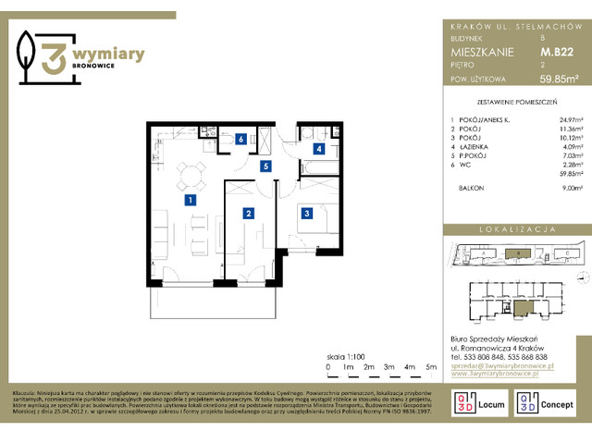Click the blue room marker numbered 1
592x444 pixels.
[x=189, y=199]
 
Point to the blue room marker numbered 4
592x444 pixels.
[x=318, y=148]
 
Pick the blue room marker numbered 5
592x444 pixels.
[x=265, y=166]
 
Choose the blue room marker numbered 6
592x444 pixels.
[x=240, y=140]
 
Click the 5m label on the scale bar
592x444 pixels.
[x=431, y=367]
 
